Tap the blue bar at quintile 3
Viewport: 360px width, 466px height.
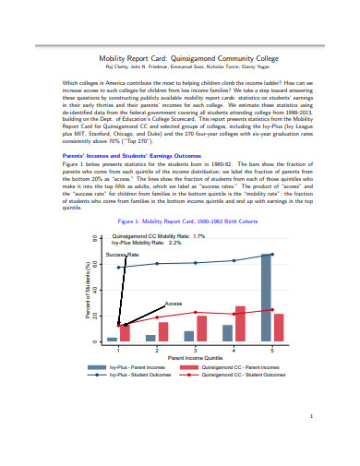point(189,336)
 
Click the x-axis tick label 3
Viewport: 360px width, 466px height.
point(195,349)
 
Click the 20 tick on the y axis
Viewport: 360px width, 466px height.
point(95,317)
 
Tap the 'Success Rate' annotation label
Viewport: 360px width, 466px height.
point(122,254)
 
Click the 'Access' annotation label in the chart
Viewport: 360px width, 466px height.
point(173,303)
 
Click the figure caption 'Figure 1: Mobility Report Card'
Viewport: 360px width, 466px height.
point(180,222)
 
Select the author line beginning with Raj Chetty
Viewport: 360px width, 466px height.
point(180,66)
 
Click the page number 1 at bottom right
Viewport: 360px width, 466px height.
point(313,416)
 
